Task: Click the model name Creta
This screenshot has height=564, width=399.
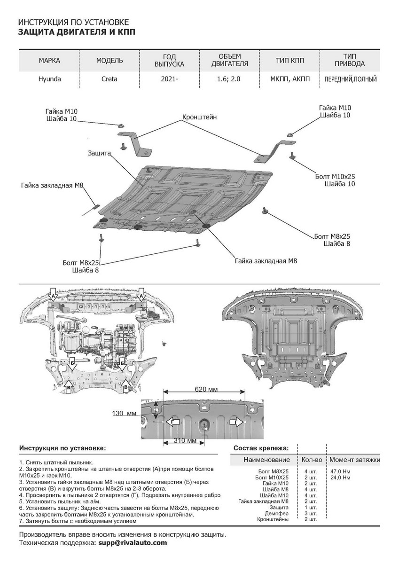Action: point(110,79)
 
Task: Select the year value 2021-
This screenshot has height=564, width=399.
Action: point(169,79)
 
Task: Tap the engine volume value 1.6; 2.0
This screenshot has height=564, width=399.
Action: point(229,79)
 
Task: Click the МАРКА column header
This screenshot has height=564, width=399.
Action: point(49,61)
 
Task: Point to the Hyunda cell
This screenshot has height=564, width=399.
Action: point(49,79)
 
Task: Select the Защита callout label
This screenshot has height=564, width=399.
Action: point(99,153)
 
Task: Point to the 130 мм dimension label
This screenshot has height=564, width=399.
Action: point(124,413)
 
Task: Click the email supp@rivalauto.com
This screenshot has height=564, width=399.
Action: point(133,542)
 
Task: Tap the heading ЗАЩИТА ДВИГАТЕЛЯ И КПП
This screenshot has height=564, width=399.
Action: point(78,32)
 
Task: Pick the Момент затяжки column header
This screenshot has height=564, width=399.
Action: point(355,459)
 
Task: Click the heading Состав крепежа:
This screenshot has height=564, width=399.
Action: point(261,448)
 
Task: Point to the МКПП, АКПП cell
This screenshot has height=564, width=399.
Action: point(290,79)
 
